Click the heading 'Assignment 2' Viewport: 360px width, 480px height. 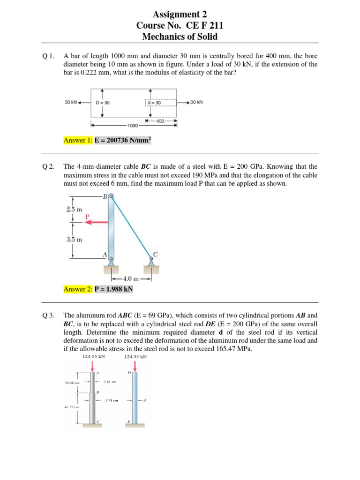(x=180, y=14)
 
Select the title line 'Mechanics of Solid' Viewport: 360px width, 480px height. (x=180, y=37)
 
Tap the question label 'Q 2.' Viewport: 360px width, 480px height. (x=48, y=166)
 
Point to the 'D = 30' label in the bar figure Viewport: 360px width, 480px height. (x=102, y=103)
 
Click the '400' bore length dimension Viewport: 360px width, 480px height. (x=160, y=121)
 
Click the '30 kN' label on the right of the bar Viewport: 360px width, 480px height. (x=196, y=102)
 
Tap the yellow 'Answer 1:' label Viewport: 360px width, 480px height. (x=78, y=140)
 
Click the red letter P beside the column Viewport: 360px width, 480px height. (x=87, y=217)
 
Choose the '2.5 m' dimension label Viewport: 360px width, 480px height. (x=74, y=209)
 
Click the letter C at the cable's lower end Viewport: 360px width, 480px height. (x=155, y=254)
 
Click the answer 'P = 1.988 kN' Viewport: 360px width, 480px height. (x=114, y=289)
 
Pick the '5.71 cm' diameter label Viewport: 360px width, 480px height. (x=111, y=400)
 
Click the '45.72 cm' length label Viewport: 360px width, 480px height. (x=72, y=407)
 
